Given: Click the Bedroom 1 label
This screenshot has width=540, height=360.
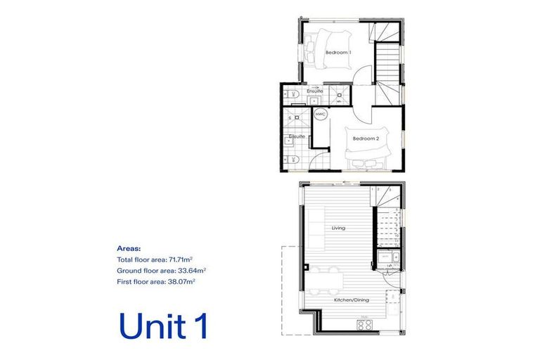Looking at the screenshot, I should (x=338, y=53).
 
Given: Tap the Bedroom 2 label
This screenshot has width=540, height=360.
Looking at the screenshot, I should (x=366, y=139).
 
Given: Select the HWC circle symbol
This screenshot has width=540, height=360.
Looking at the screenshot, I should (x=320, y=114).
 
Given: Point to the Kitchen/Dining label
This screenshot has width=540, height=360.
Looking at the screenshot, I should (x=352, y=300).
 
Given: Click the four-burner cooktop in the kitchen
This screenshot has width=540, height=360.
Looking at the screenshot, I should (x=364, y=325).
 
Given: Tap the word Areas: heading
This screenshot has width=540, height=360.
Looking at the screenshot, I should (x=129, y=248).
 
